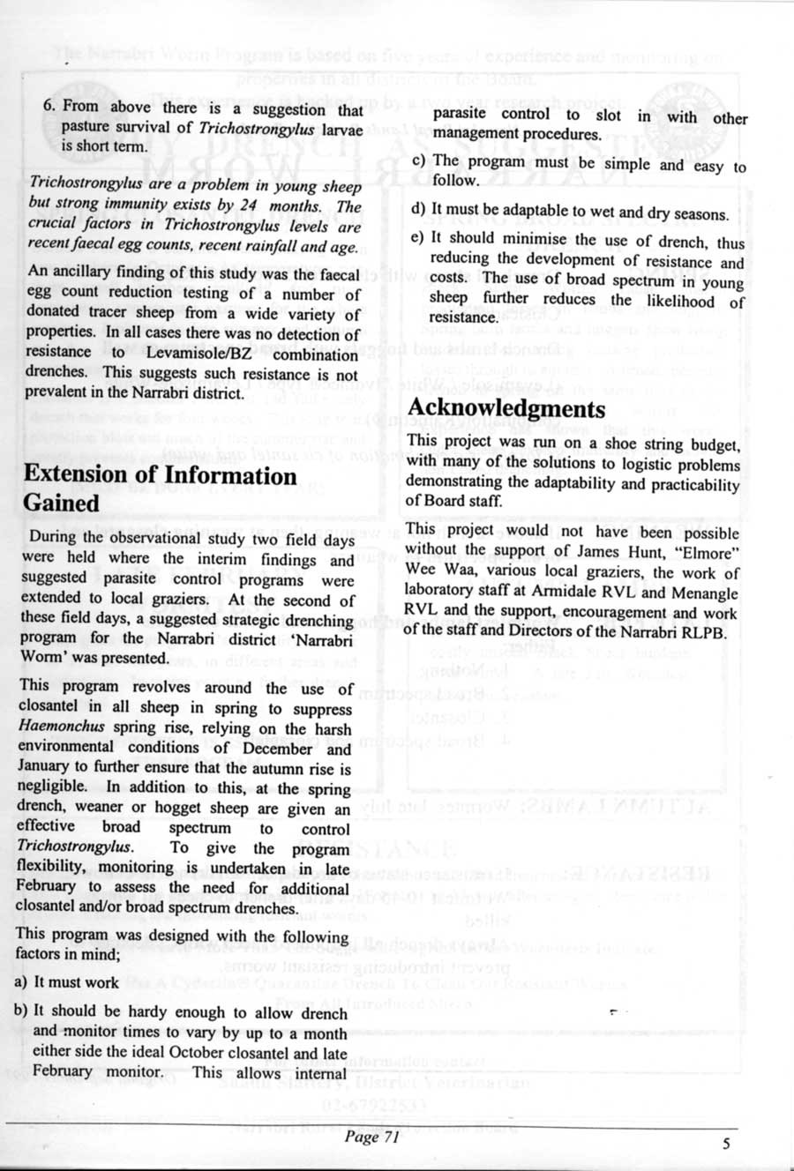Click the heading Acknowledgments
[x=506, y=409]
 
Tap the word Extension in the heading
[x=74, y=474]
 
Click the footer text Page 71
[x=371, y=1137]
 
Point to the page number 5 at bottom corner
[x=726, y=1144]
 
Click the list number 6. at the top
[x=50, y=106]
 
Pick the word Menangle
[x=706, y=593]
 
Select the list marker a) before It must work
[x=19, y=982]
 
